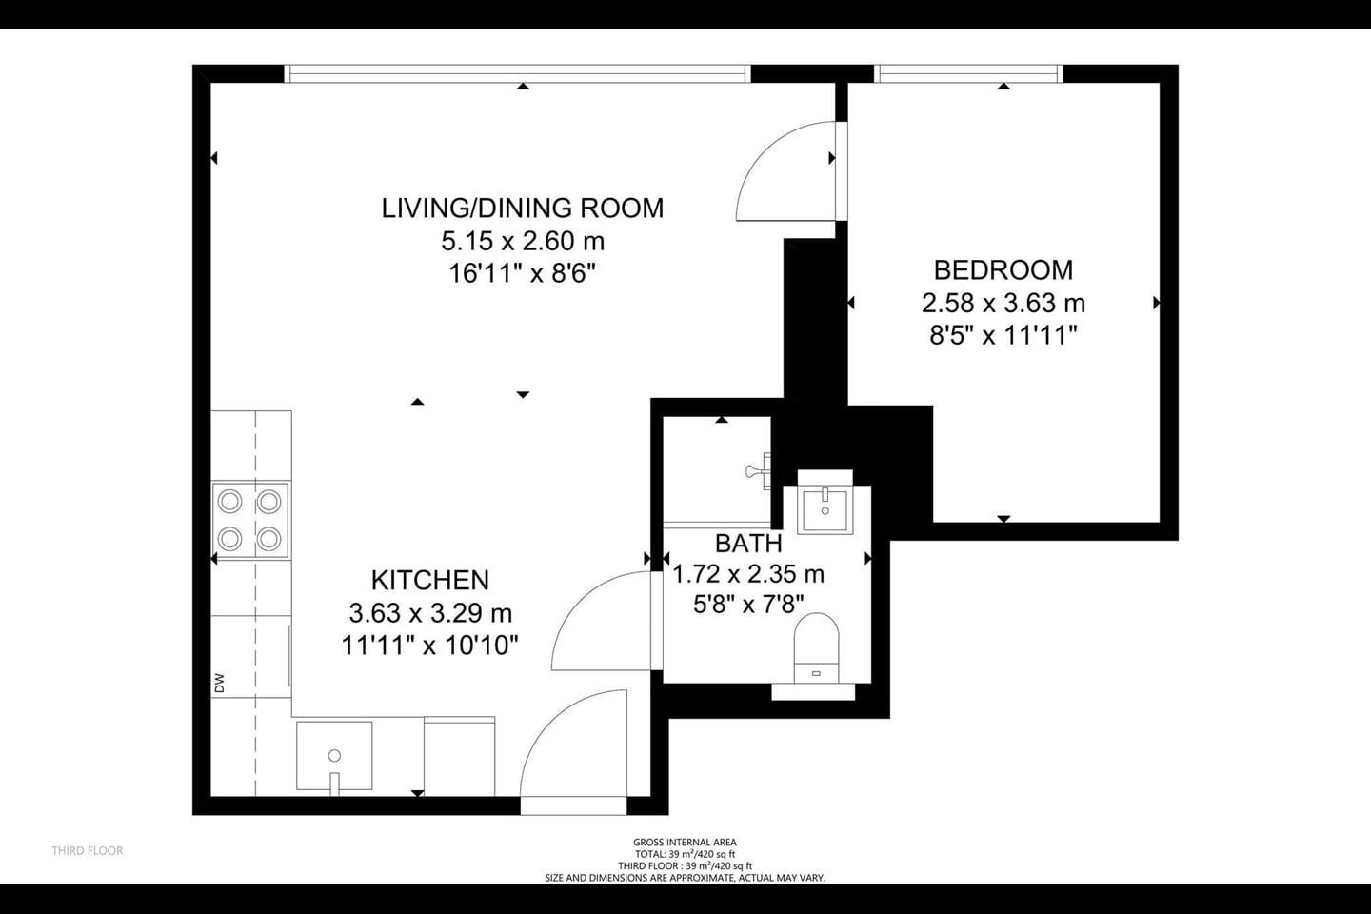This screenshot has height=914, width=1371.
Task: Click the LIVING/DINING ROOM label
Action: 522,209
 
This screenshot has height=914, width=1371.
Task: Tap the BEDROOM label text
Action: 1003,270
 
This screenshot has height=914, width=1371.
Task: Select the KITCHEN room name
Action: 430,581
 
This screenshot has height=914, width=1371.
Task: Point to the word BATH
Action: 748,543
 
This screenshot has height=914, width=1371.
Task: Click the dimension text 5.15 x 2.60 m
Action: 523,241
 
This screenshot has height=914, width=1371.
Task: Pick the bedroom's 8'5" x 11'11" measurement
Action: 1003,335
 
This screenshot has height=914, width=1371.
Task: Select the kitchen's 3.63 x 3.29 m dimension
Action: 430,613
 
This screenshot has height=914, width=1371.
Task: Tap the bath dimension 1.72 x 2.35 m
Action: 748,574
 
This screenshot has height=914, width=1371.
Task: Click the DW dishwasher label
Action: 220,684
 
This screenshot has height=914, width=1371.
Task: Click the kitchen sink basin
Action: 334,756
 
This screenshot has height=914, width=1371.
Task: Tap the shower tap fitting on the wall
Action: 759,470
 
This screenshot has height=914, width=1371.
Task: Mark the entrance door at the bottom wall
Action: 573,752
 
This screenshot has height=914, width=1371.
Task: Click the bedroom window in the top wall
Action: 968,73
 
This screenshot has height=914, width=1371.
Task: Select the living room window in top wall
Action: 517,73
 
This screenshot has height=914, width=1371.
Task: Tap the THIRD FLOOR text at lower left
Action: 88,850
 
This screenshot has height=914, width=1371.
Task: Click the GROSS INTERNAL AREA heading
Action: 685,843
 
